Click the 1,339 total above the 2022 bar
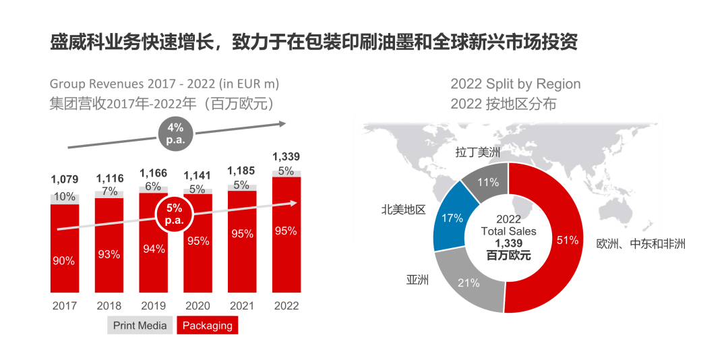(x=286, y=156)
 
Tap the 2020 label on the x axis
(x=198, y=305)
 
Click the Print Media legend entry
(x=140, y=326)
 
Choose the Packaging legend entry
(x=208, y=326)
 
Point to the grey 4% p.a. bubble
(x=175, y=134)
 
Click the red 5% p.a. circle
(x=175, y=214)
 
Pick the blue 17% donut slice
(x=450, y=217)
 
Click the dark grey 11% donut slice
(x=487, y=182)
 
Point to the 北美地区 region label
(x=403, y=210)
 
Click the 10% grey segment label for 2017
(x=64, y=197)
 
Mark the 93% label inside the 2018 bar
(x=109, y=254)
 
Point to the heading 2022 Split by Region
(x=515, y=84)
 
